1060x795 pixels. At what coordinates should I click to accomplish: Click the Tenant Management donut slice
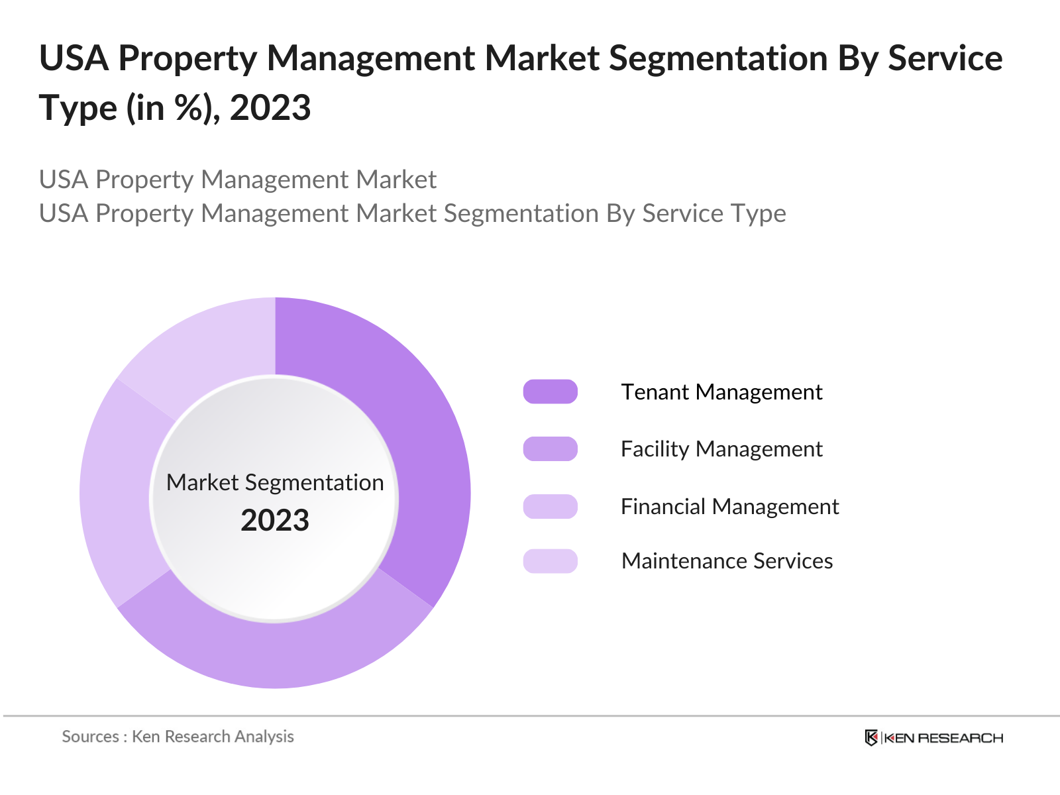424,450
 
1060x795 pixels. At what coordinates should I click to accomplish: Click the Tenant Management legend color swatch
550,392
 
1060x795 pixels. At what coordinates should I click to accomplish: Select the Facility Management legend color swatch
550,449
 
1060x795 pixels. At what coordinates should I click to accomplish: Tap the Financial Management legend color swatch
550,506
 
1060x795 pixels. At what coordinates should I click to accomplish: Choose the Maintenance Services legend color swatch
550,560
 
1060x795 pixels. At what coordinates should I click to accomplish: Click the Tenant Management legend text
721,392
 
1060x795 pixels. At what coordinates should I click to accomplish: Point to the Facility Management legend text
721,449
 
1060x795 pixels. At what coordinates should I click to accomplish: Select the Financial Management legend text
729,507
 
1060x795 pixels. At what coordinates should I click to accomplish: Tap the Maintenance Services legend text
727,561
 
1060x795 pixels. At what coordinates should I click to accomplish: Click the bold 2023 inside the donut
275,521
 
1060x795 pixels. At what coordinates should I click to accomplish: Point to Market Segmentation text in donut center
275,482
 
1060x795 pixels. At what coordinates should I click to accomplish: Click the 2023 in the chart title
270,108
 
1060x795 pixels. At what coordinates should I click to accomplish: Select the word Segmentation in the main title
718,58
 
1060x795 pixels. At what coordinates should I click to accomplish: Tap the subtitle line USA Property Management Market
237,180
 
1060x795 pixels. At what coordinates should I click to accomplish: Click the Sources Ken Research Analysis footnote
178,737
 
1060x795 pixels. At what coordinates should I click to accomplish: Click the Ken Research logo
933,738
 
